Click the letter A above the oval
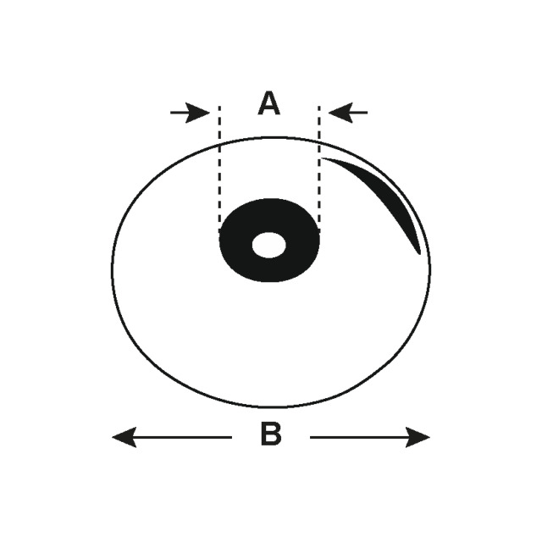(x=269, y=103)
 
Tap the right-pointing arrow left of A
(x=190, y=113)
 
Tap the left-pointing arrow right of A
(x=348, y=113)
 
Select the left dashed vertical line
(x=219, y=169)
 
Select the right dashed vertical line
(x=318, y=169)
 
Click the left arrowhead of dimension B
(x=124, y=437)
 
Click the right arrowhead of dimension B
(x=418, y=437)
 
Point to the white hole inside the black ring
(x=269, y=245)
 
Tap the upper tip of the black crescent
(x=322, y=158)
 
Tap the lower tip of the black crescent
(x=420, y=254)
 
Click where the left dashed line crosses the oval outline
(x=219, y=143)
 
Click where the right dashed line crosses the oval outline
(x=318, y=141)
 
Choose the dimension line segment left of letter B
(x=172, y=437)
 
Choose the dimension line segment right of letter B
(x=370, y=437)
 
